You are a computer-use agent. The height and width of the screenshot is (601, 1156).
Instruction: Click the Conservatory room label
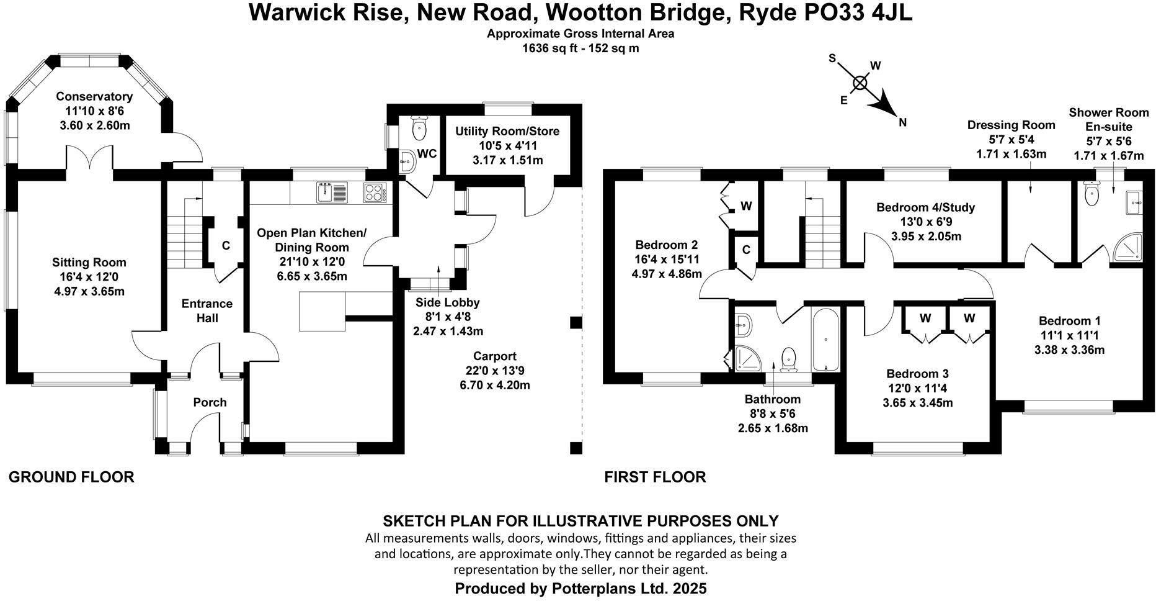coord(94,97)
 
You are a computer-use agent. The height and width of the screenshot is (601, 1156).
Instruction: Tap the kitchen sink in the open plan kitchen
coord(327,192)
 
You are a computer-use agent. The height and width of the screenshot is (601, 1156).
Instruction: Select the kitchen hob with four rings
coord(375,192)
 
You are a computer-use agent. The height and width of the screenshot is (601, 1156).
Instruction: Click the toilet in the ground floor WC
coord(420,130)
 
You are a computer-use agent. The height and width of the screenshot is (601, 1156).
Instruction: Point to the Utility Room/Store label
coord(507,132)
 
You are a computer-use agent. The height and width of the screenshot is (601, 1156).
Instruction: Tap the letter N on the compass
coord(903,123)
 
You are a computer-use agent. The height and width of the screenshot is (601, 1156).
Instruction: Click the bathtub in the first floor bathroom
coord(825,340)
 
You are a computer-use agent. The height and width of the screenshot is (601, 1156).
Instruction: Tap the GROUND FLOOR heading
coord(71,477)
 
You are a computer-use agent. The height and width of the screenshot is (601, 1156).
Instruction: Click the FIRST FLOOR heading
coord(655,477)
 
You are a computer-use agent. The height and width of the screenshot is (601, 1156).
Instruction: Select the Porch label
coord(210,402)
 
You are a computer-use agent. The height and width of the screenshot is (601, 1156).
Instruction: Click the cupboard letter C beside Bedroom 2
coord(746,250)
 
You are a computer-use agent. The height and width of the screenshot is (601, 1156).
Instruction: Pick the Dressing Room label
coord(1011,125)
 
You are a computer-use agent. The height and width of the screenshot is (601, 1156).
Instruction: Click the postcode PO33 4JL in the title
coord(857,12)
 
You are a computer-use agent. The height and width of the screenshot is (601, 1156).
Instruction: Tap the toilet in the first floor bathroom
coord(789,358)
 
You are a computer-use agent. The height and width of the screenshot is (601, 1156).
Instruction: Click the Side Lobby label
coord(447,303)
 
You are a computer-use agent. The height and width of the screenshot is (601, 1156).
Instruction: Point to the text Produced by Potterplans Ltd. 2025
coord(580,588)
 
